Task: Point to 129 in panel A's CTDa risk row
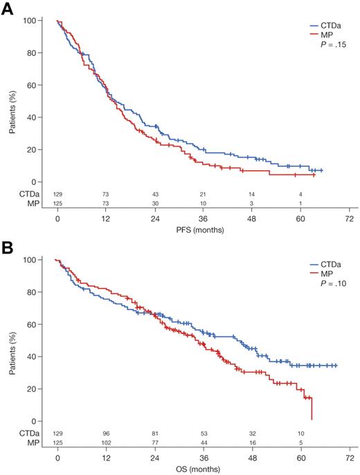coord(58,195)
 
